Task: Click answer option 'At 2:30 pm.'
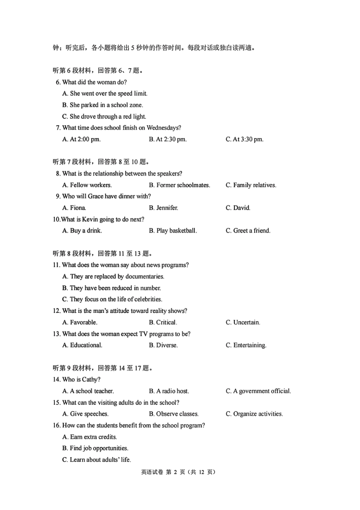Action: pos(167,140)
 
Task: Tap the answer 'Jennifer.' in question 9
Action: pos(163,208)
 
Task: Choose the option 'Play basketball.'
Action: pos(173,231)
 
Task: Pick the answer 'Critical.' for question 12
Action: pos(163,322)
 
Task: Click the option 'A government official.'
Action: pos(258,391)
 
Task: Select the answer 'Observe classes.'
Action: pos(174,414)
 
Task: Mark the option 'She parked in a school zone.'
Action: pos(103,105)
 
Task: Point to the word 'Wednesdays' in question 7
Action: pos(162,128)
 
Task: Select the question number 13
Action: pos(56,334)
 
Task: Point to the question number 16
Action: pos(56,425)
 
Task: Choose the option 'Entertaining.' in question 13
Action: pos(246,345)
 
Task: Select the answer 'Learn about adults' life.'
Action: pos(97,460)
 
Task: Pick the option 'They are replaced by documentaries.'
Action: pos(113,276)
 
